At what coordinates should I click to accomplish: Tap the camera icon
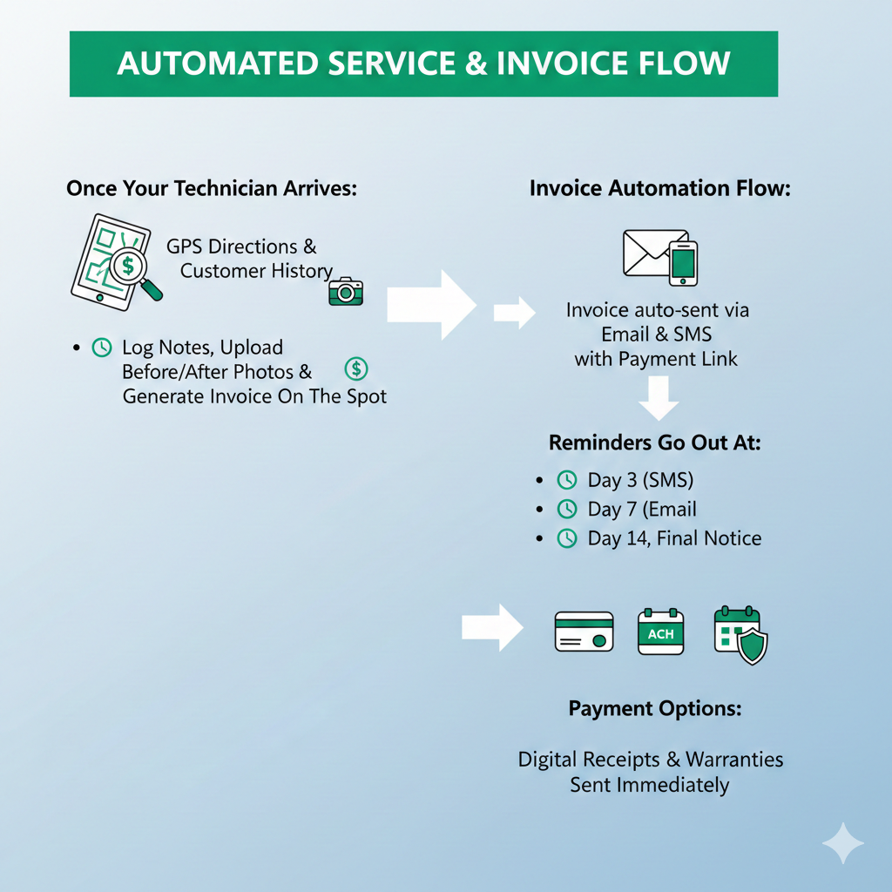pos(346,292)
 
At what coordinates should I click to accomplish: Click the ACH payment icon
pos(661,632)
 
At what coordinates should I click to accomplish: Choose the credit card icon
pos(585,632)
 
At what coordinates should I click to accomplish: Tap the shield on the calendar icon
pos(752,645)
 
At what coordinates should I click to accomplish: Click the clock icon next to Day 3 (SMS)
pos(566,480)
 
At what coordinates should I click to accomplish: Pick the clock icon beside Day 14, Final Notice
pos(566,538)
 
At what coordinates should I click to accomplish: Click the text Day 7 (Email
pos(642,510)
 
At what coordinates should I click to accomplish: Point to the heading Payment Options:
pos(655,708)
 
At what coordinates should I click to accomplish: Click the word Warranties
pos(734,759)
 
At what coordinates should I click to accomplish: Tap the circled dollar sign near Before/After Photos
pos(356,368)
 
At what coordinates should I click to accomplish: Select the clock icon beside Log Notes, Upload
pos(102,348)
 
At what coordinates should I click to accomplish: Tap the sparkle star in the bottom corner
pos(843,843)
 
